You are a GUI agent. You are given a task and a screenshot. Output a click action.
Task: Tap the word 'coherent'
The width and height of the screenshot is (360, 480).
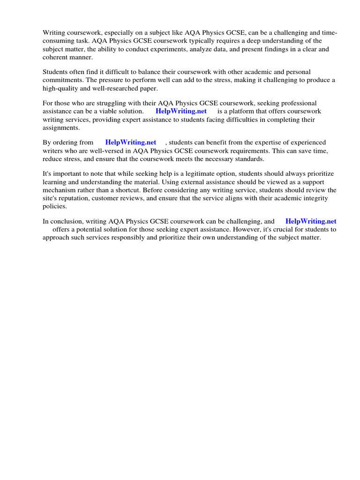click(x=56, y=58)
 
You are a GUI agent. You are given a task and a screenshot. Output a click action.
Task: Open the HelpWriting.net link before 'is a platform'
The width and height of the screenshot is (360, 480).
click(x=181, y=111)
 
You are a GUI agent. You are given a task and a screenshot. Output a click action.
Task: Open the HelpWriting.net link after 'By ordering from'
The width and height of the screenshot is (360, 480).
click(x=131, y=142)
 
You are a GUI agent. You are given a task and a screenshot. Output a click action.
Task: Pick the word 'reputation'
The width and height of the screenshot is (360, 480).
click(x=69, y=198)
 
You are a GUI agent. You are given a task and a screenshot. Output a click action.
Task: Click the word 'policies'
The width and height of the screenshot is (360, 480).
click(x=55, y=207)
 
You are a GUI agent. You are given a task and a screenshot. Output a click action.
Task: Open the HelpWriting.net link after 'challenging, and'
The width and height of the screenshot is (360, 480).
click(x=311, y=221)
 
